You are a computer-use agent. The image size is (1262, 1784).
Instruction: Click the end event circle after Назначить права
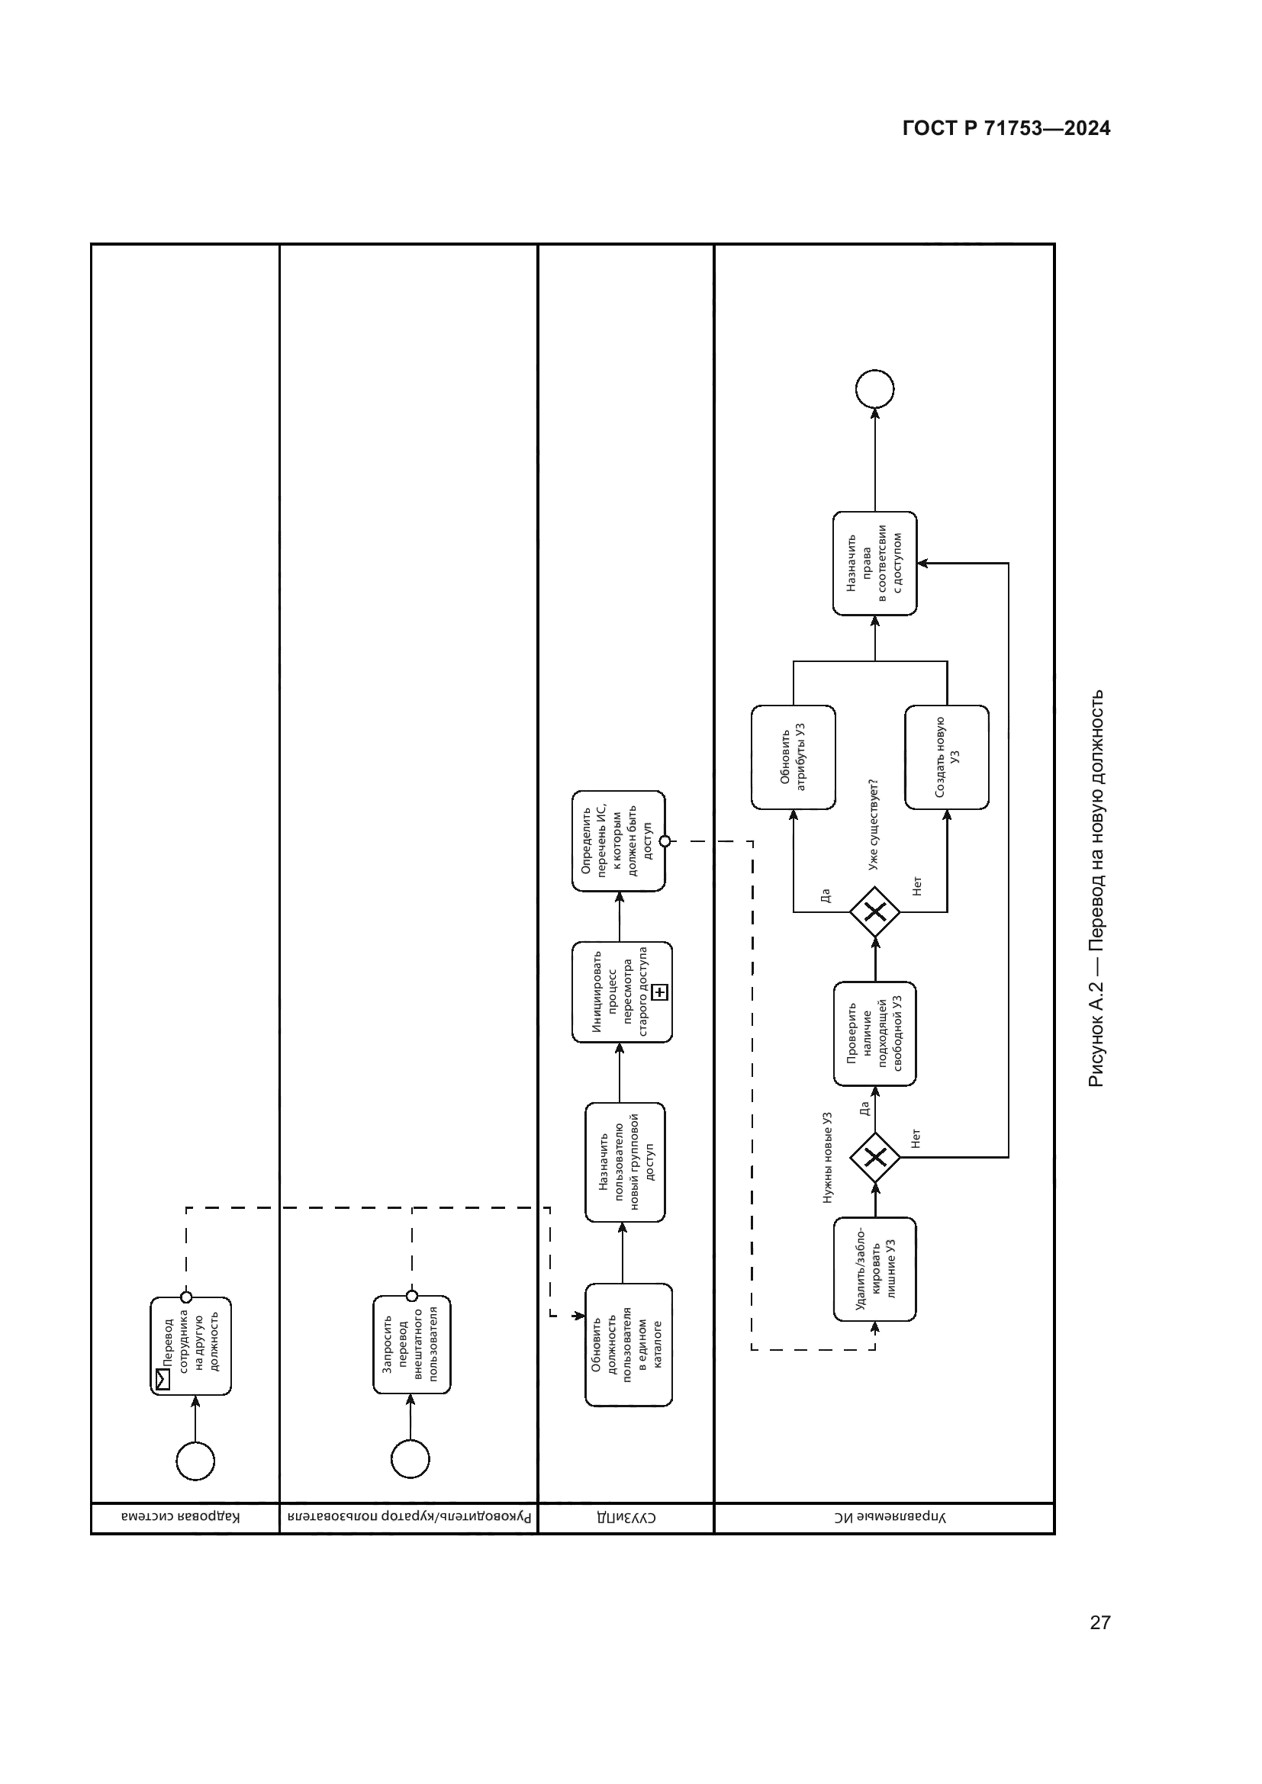[x=874, y=388]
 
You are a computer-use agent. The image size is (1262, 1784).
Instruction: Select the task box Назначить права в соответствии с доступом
[x=874, y=564]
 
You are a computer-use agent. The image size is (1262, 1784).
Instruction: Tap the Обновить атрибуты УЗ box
[x=793, y=757]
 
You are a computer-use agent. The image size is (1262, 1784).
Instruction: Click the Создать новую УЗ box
[x=946, y=757]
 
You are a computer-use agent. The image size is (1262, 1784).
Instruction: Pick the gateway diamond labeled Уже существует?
[x=875, y=911]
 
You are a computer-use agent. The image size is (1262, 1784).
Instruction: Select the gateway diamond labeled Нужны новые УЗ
[x=875, y=1158]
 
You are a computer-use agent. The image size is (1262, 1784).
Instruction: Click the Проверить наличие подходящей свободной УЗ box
[x=874, y=1034]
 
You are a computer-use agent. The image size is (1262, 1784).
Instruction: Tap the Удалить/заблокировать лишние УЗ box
[x=874, y=1269]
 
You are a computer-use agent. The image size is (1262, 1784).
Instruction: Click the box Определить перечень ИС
[x=619, y=841]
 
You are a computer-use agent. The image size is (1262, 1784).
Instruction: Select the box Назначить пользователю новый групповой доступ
[x=625, y=1162]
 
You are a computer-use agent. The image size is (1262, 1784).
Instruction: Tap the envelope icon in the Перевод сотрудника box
[x=163, y=1379]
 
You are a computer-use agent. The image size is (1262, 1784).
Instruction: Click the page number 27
[x=1099, y=1623]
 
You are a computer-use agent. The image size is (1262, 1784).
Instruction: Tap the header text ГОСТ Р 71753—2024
[x=1006, y=129]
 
